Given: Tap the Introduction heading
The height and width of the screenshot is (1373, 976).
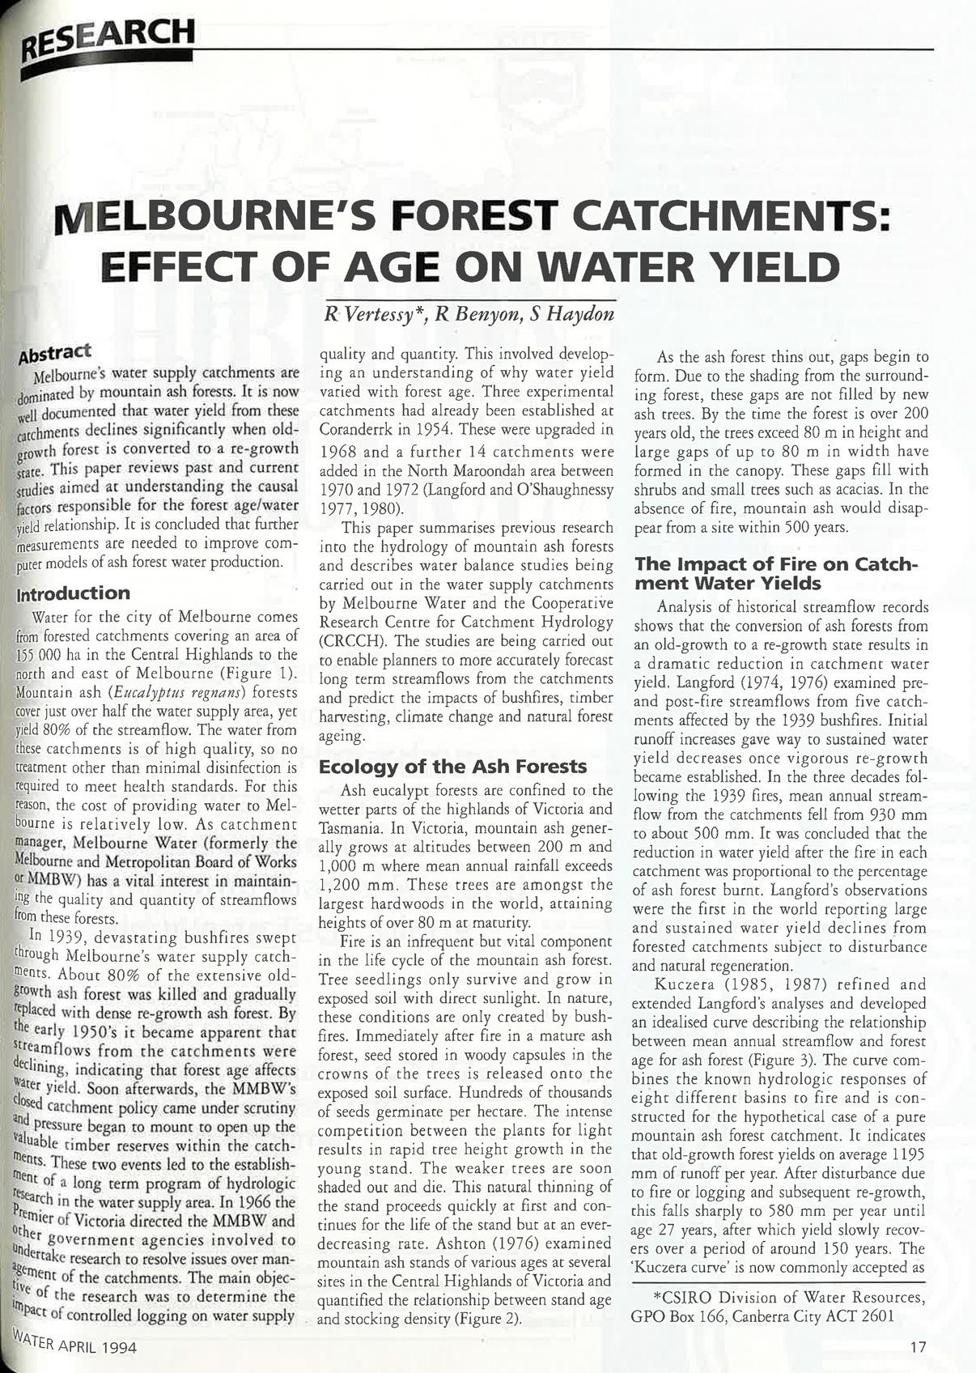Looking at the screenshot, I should (78, 593).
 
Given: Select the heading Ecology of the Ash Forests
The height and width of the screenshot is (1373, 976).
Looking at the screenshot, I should (452, 766).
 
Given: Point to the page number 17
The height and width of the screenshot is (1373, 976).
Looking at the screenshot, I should (917, 1347).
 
